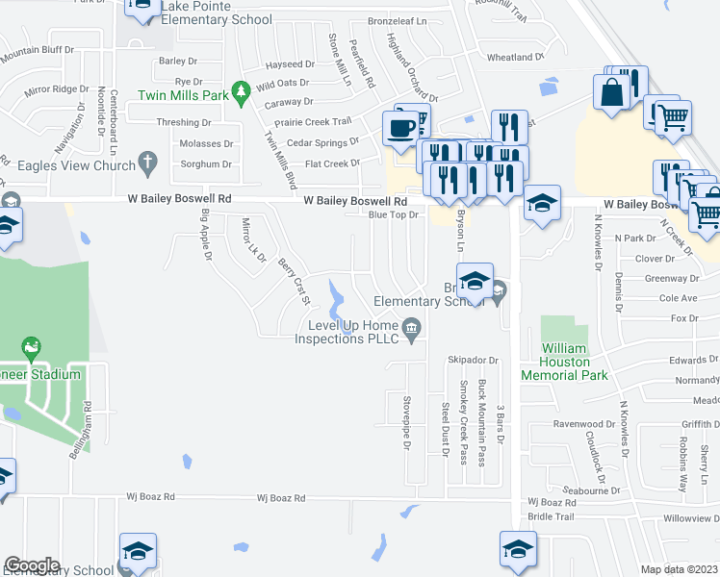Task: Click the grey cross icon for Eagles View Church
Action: [147, 163]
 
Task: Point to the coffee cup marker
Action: [400, 126]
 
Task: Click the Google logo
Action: [32, 565]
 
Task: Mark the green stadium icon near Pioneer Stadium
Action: [31, 345]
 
